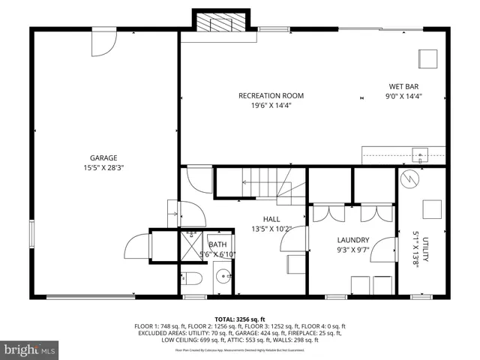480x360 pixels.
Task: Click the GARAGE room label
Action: (x=103, y=157)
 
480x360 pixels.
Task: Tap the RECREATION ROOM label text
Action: (x=271, y=95)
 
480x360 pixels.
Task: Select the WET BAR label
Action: (x=403, y=86)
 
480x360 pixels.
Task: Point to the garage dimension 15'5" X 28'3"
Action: (x=103, y=168)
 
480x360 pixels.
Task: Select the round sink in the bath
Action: (x=222, y=283)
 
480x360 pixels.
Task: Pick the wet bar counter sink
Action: (x=422, y=156)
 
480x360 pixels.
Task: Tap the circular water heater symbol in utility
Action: (x=410, y=181)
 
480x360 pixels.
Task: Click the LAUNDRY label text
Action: (x=350, y=240)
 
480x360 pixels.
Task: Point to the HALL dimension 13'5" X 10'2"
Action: (x=271, y=229)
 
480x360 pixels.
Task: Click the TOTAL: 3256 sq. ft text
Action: (x=240, y=319)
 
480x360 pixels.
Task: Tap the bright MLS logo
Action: (x=30, y=349)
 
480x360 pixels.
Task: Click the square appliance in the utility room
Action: (x=433, y=208)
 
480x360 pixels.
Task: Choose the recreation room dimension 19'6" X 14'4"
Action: (x=271, y=106)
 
